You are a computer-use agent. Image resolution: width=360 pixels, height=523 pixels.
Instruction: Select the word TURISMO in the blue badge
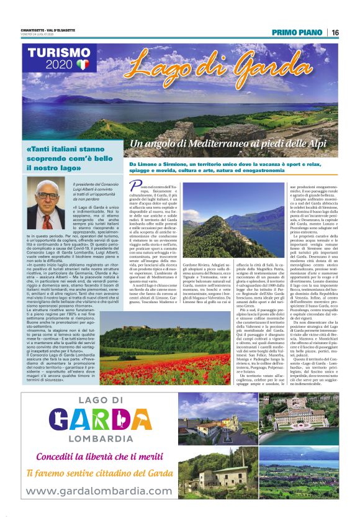pyautogui.click(x=59, y=53)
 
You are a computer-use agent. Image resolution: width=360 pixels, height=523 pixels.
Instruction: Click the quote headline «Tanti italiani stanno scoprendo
pyautogui.click(x=62, y=158)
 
